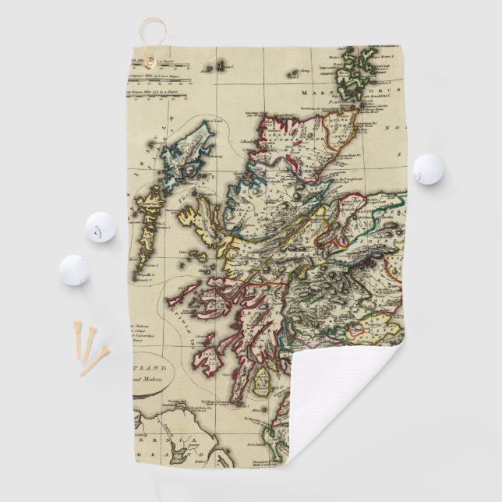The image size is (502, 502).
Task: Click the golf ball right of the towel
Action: (427, 169)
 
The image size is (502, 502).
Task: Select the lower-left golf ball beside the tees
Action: (74, 270)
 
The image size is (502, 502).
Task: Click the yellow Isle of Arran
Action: (264, 384)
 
